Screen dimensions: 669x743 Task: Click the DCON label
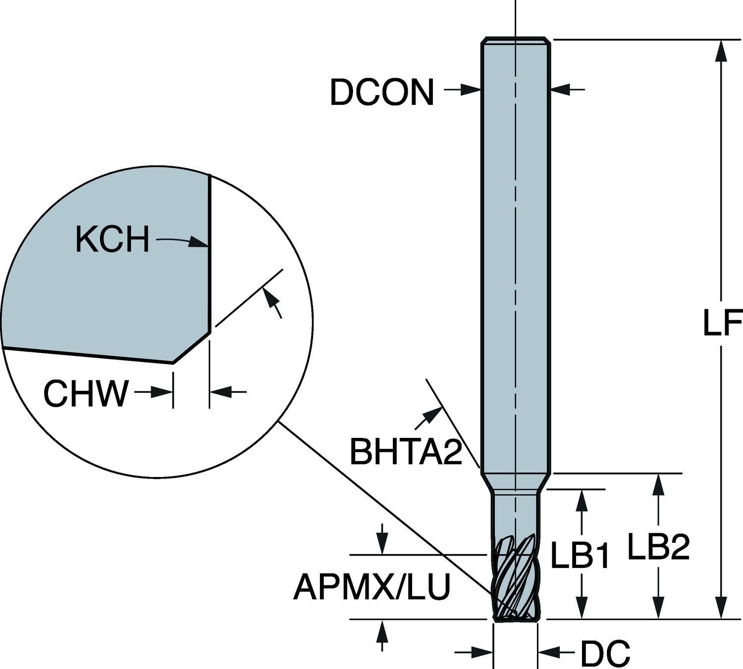click(x=381, y=93)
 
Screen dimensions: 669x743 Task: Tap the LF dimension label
click(x=722, y=324)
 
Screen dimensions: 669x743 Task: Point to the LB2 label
click(x=658, y=547)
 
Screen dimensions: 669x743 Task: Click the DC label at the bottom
click(x=605, y=653)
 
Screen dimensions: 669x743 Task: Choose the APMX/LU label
click(x=371, y=587)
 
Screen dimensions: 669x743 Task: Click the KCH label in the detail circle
click(x=112, y=239)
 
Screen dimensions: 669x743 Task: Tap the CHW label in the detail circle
click(x=85, y=393)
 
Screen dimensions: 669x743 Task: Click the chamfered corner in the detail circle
click(x=191, y=347)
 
